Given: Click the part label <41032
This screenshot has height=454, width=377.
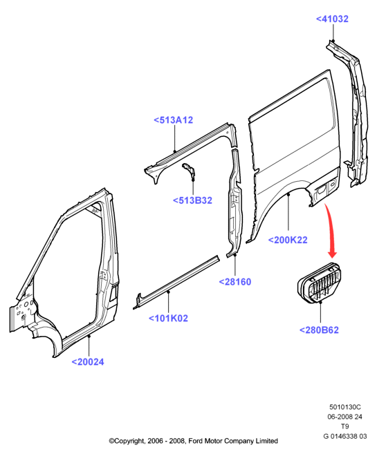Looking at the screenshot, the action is point(332,19).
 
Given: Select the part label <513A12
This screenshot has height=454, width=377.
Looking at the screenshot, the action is point(174,120).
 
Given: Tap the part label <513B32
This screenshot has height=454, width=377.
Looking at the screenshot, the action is point(193,200).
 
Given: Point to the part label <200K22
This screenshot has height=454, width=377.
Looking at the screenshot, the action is point(288,240).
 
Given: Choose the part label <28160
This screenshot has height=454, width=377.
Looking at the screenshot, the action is point(235,282).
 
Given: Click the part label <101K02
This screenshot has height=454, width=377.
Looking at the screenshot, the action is point(168,318).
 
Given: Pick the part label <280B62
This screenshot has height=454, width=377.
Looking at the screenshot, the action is point(319,330).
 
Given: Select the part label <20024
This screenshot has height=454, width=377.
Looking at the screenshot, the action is point(88,362).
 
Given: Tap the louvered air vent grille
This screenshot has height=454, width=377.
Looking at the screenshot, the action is point(320,283).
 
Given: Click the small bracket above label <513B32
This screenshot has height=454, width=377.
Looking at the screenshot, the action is point(189,171).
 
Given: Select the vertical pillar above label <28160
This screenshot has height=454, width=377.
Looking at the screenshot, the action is point(235,202).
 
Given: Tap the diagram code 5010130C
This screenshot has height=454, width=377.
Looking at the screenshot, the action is point(345,407).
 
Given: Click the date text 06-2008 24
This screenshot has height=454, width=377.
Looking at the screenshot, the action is point(345,417).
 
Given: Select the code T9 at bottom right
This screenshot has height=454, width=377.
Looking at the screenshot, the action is point(344,426).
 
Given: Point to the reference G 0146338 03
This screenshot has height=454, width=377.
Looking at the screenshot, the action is point(345,436).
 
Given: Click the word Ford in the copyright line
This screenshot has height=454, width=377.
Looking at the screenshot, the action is point(196,441).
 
